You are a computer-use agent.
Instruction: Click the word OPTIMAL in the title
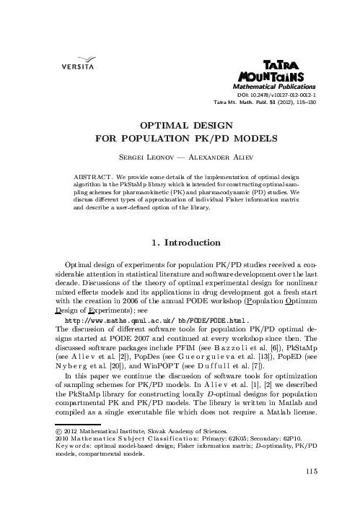[147, 123]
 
